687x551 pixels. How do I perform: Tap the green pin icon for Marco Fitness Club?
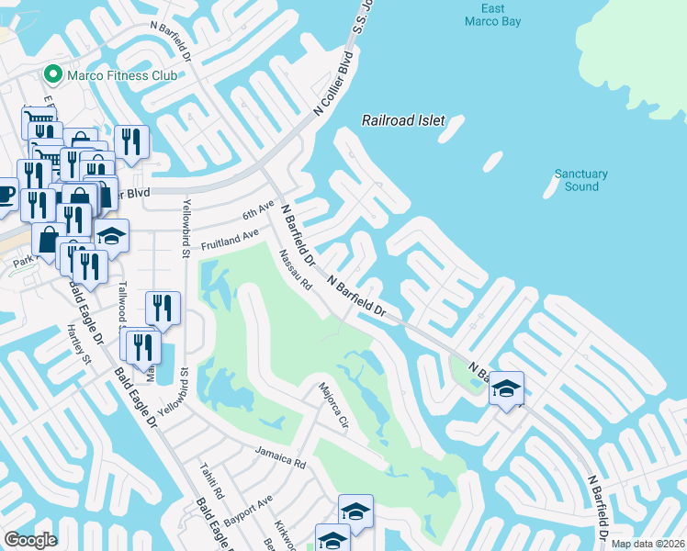(53, 74)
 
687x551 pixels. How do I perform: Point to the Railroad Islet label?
(402, 120)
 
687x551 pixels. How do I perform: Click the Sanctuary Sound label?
(581, 180)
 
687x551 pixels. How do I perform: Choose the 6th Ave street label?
(259, 210)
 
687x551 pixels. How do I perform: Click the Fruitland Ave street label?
(231, 242)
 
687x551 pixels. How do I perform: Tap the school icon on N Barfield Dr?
(506, 388)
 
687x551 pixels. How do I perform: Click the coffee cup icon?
(6, 197)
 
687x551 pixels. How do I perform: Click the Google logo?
(30, 540)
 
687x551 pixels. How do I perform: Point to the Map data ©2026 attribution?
(648, 544)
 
